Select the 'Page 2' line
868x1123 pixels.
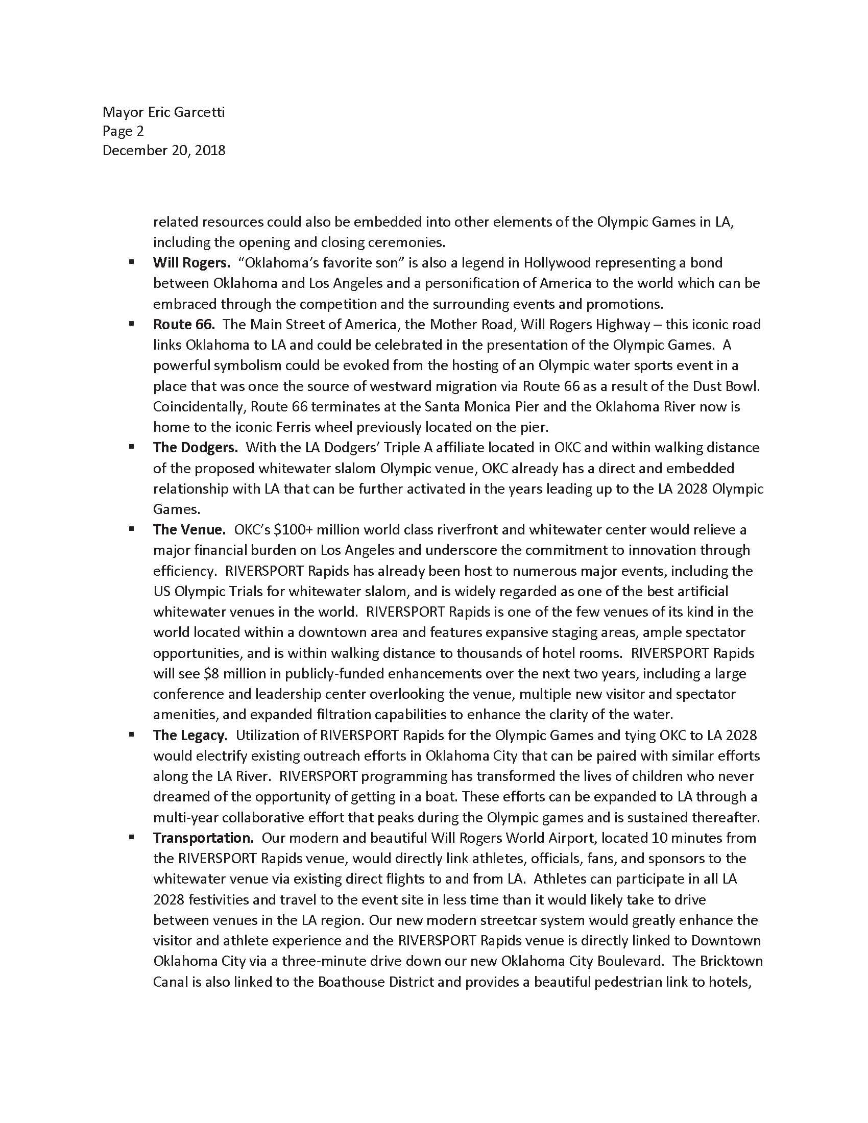pyautogui.click(x=123, y=131)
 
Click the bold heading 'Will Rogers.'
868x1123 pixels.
pyautogui.click(x=191, y=263)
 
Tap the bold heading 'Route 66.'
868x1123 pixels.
pyautogui.click(x=184, y=325)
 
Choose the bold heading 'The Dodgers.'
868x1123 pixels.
pyautogui.click(x=196, y=447)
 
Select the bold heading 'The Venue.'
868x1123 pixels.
pyautogui.click(x=189, y=530)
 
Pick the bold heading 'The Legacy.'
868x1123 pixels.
pyautogui.click(x=189, y=735)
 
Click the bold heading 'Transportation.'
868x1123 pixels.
pyautogui.click(x=203, y=838)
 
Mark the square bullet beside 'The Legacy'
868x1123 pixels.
pyautogui.click(x=132, y=735)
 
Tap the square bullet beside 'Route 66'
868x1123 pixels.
pyautogui.click(x=132, y=324)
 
